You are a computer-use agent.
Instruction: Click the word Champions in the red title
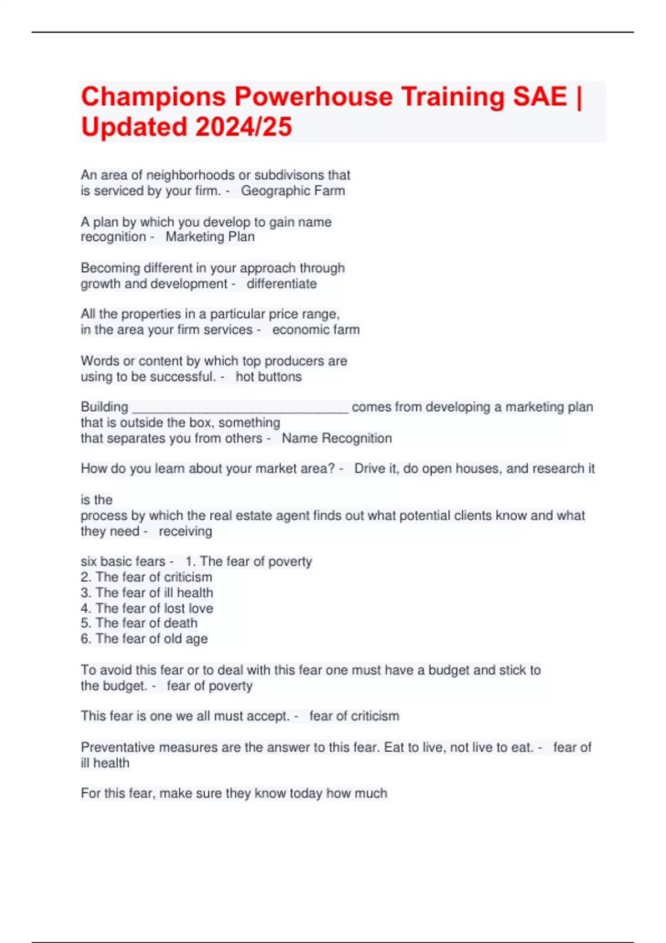coord(154,97)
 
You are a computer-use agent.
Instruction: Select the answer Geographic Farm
coord(292,191)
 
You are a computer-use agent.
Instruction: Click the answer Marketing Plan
coord(210,237)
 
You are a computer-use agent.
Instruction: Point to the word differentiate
coord(281,284)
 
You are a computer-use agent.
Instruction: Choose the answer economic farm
coord(315,330)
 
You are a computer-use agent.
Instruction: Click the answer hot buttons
coord(269,377)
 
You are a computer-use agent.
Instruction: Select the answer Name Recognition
coord(336,438)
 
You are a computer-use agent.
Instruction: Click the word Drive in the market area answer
coord(369,469)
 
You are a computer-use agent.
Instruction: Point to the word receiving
coord(185,531)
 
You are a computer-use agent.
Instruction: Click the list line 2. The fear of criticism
coord(147,577)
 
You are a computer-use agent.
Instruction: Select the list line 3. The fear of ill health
coord(147,593)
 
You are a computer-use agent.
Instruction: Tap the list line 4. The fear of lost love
coord(147,609)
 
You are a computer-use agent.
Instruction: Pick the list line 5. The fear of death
coord(139,623)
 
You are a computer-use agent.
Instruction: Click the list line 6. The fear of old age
coord(144,639)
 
